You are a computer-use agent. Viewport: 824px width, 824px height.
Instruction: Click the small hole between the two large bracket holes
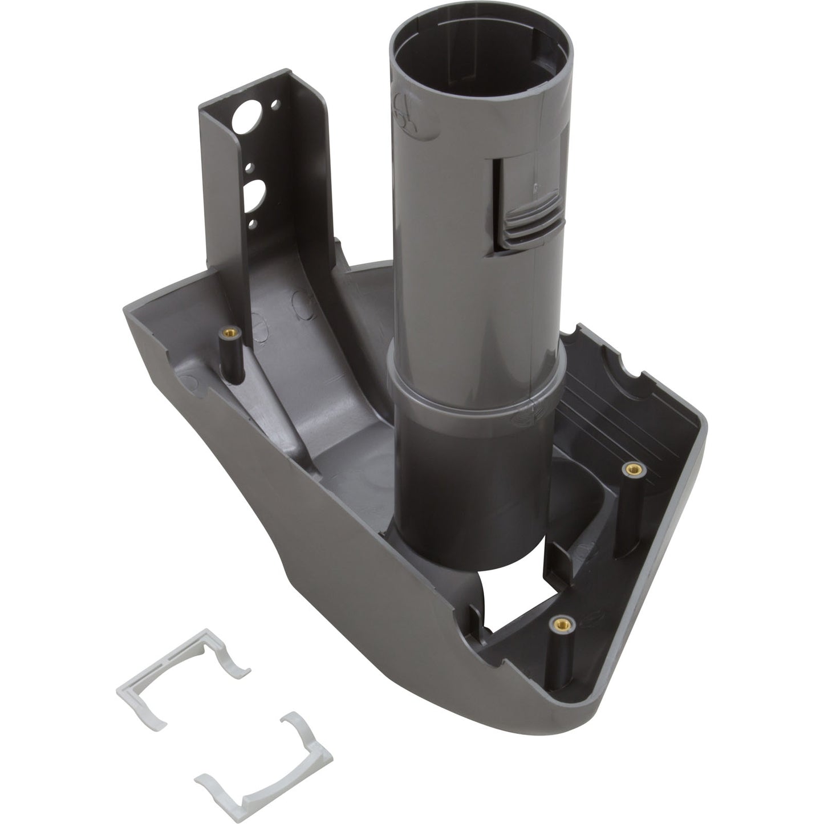coord(249,168)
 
